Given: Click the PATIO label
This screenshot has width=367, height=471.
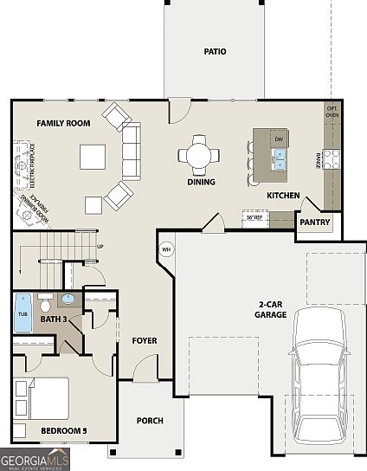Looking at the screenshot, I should click(x=215, y=52).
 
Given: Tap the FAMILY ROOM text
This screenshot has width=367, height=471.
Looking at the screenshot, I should click(x=63, y=124).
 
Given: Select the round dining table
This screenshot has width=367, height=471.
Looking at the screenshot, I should click(x=199, y=156).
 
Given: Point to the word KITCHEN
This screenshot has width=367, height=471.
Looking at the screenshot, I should click(x=283, y=196).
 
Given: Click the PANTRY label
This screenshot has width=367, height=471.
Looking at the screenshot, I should click(x=314, y=223).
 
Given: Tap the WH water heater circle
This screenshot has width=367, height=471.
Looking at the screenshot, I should click(x=166, y=251).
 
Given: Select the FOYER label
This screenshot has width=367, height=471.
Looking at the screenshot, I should click(x=145, y=340).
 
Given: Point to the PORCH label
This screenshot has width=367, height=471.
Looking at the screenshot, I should click(x=150, y=421).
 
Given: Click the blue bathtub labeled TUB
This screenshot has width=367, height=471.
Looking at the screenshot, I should click(x=23, y=313).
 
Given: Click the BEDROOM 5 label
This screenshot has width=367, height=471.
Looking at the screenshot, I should click(x=63, y=430).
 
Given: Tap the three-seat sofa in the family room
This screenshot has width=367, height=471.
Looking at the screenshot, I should click(x=131, y=150).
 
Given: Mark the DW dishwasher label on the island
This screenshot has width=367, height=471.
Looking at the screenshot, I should click(x=279, y=139).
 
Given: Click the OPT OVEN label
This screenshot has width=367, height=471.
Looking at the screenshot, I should click(x=332, y=112).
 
